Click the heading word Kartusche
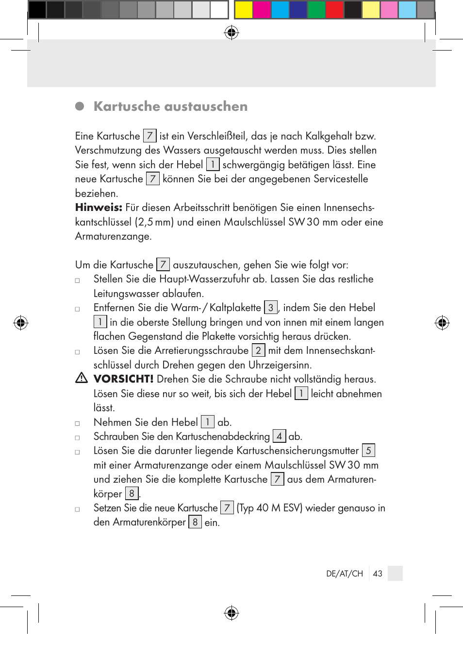click(x=127, y=106)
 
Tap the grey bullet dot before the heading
click(x=80, y=106)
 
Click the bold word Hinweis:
click(x=99, y=208)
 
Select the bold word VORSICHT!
click(x=123, y=379)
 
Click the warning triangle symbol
click(x=82, y=378)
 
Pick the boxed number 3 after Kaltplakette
click(x=271, y=308)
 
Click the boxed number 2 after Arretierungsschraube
click(x=258, y=350)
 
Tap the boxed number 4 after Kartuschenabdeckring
click(x=279, y=436)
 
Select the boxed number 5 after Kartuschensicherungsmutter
click(x=368, y=451)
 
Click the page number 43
click(x=378, y=574)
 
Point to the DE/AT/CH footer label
click(x=345, y=574)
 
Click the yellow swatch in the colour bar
click(x=243, y=10)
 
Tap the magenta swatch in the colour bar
click(x=262, y=10)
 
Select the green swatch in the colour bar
click(x=316, y=10)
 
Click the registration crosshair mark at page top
click(x=231, y=33)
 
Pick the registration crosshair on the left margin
click(x=21, y=323)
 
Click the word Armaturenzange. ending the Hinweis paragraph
click(x=114, y=237)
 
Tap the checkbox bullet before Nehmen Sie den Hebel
click(x=77, y=423)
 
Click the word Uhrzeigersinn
click(x=280, y=365)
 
